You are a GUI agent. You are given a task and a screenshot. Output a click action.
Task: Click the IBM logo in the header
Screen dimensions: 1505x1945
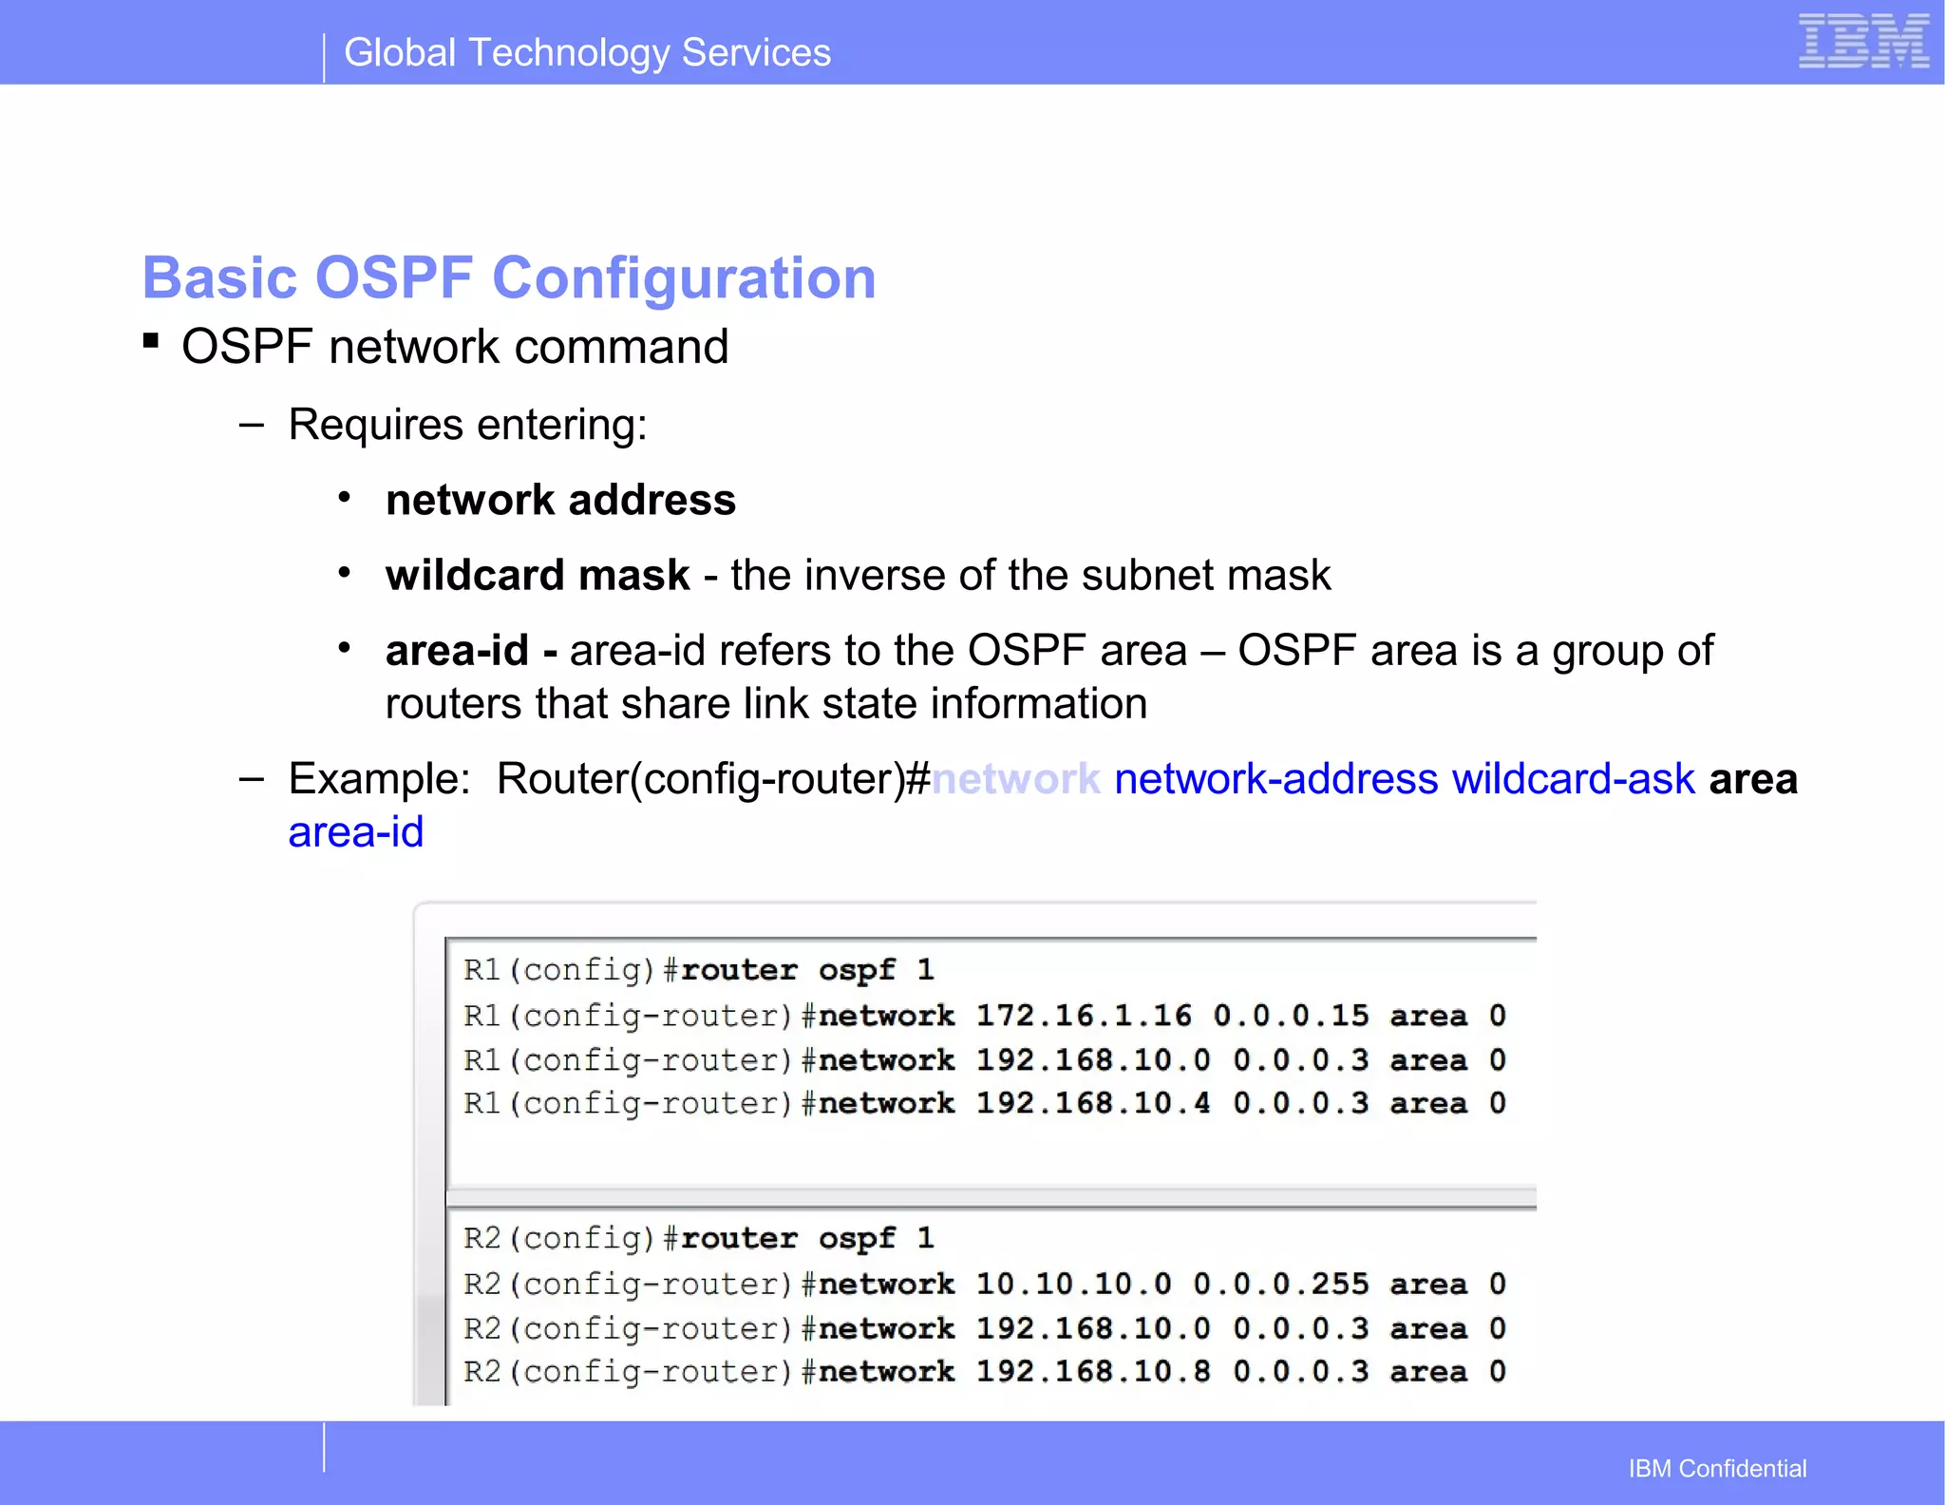1863,42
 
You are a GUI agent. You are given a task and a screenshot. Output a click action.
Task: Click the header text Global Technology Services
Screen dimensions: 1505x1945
587,53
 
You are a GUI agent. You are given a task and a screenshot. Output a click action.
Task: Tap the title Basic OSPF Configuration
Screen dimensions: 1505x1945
508,277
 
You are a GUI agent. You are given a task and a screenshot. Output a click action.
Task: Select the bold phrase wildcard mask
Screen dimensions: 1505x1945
538,576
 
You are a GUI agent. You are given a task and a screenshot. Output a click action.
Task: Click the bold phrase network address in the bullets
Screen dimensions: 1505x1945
560,501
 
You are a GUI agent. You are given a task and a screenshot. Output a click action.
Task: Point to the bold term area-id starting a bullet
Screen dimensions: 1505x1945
457,651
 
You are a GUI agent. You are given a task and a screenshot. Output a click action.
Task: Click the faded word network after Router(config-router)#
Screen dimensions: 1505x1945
1015,779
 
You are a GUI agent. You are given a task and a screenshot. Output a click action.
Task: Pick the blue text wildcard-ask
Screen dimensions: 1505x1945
1573,779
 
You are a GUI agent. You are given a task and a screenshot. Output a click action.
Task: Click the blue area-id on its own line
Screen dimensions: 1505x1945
356,832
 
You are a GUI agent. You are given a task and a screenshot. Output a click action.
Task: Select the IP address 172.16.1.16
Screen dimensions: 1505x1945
1083,1016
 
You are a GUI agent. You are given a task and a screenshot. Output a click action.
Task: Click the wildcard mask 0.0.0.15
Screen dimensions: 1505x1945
1291,1016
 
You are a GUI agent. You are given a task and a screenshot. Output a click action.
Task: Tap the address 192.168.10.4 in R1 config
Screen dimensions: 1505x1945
1093,1103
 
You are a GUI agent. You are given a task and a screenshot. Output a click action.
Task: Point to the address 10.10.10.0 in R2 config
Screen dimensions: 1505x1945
1073,1285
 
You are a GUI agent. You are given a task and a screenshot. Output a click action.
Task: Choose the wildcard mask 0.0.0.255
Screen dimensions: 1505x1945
1280,1285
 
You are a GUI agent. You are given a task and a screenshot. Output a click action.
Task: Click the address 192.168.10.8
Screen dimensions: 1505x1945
1093,1372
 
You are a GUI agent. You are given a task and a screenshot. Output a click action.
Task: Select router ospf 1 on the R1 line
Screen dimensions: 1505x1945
807,970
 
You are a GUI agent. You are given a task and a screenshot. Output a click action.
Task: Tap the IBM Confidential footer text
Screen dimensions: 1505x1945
1717,1469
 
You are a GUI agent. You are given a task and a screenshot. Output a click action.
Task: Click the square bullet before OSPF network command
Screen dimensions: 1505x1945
151,340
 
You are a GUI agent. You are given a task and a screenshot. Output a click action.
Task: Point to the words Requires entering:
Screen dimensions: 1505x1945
467,425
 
